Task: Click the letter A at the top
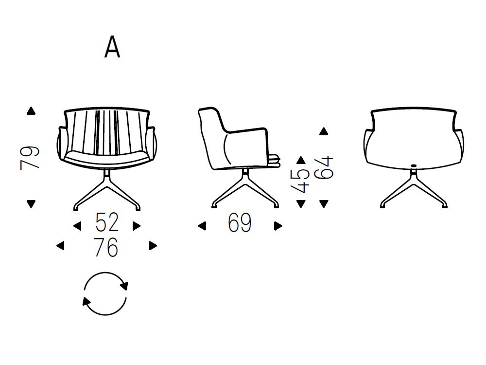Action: tap(112, 47)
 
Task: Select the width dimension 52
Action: tap(107, 223)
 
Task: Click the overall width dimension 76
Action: tap(106, 247)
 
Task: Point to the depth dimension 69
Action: tap(240, 223)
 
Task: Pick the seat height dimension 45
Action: tap(302, 181)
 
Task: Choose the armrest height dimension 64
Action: tap(324, 167)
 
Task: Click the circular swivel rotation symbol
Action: tap(105, 293)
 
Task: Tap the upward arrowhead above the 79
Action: tap(32, 111)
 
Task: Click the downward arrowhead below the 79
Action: tap(32, 203)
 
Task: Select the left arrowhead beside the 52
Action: tap(77, 226)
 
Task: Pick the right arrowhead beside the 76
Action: tap(153, 246)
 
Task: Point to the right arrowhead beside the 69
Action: tap(278, 226)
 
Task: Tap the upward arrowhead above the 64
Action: tap(324, 131)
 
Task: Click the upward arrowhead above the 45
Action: tap(301, 160)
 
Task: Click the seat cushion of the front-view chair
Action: tap(106, 157)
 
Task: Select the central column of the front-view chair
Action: tap(107, 176)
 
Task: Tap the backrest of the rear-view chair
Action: tap(413, 136)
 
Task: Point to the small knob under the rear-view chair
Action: tap(414, 166)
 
